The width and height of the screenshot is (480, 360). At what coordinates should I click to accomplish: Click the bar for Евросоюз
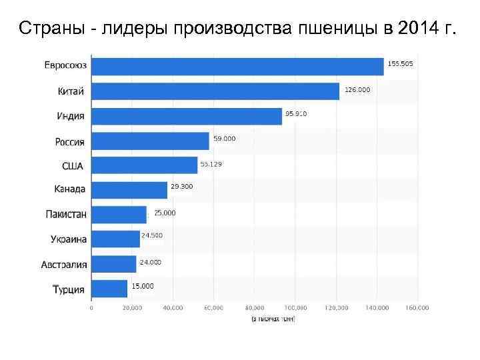click(237, 67)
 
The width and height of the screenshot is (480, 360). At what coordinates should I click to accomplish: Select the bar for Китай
click(215, 91)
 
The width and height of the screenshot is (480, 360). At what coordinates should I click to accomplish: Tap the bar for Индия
click(187, 116)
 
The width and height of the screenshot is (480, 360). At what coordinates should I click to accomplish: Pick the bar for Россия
click(150, 141)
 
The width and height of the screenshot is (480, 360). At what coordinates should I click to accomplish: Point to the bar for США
click(144, 165)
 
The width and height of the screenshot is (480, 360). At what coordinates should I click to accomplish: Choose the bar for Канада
click(129, 190)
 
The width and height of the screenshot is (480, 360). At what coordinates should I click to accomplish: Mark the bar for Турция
click(109, 289)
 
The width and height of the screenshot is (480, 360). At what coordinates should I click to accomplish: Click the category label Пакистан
click(66, 215)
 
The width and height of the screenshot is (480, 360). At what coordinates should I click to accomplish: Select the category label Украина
click(69, 239)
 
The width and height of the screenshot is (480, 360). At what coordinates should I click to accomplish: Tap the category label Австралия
click(64, 265)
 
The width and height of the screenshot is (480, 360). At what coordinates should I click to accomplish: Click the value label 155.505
click(400, 63)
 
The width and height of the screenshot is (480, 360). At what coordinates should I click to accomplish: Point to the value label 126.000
click(357, 89)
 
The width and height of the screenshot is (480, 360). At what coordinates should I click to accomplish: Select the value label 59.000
click(224, 138)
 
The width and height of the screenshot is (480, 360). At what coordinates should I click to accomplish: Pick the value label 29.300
click(181, 187)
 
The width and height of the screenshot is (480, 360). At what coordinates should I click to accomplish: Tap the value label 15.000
click(143, 285)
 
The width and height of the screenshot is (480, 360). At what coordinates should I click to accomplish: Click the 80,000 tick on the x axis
click(254, 308)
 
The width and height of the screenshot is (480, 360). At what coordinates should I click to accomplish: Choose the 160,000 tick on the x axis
click(417, 308)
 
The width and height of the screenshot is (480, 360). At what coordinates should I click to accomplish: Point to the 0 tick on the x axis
click(91, 308)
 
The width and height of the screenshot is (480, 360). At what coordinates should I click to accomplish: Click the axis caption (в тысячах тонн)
click(273, 319)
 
